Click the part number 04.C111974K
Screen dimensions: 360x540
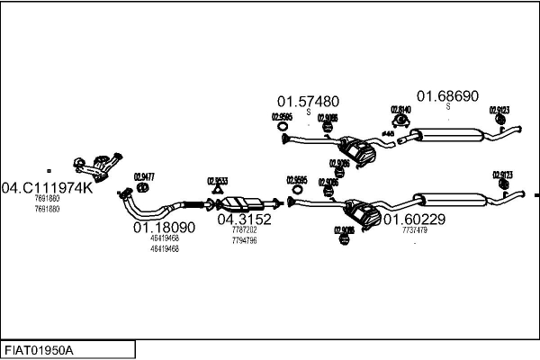47,187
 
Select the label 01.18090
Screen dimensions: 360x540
164,228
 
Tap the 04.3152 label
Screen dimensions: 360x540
244,219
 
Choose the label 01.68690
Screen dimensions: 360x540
447,94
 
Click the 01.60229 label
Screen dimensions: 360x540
414,219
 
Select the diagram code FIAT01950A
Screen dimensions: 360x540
40,349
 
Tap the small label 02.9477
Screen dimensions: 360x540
144,176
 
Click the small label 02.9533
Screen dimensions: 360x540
217,180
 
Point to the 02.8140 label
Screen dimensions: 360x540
400,110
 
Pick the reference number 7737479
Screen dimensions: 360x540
414,230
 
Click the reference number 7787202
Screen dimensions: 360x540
244,229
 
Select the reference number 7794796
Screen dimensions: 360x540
244,240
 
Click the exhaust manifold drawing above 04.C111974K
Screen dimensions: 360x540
96,166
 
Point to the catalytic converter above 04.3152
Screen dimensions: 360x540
241,202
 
